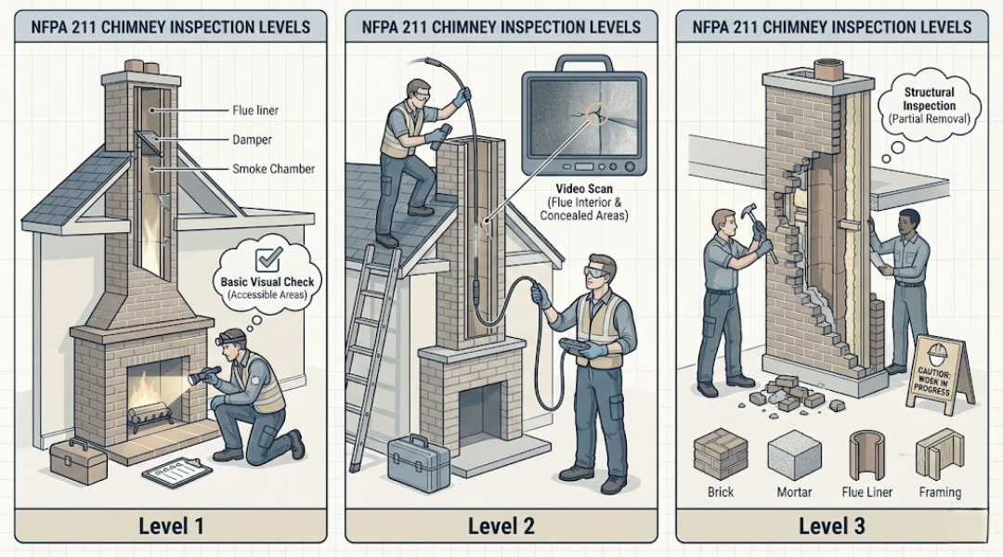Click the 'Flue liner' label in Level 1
click(254, 111)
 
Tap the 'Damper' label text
click(251, 140)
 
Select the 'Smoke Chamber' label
click(272, 169)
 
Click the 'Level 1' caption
click(170, 526)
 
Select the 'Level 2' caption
click(501, 526)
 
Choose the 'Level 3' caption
click(831, 526)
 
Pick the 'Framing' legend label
click(940, 492)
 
